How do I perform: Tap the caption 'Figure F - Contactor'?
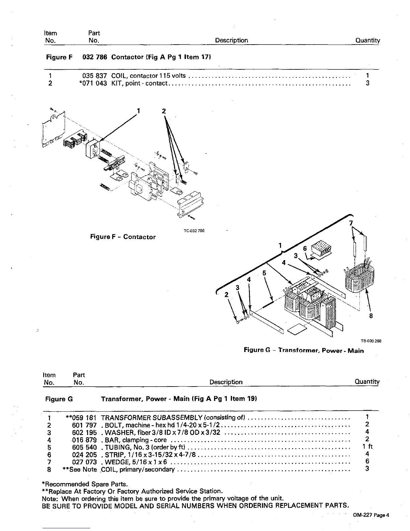click(x=123, y=237)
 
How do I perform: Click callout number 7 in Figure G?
click(x=351, y=223)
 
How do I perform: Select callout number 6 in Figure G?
click(x=305, y=249)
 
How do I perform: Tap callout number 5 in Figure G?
click(x=264, y=273)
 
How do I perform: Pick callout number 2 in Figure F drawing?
click(x=164, y=111)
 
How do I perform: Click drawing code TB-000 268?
click(x=371, y=341)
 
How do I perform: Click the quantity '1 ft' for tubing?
click(x=367, y=447)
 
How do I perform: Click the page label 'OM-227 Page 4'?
click(x=371, y=516)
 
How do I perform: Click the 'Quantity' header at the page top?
click(x=367, y=41)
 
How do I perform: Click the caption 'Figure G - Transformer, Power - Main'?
click(x=303, y=350)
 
